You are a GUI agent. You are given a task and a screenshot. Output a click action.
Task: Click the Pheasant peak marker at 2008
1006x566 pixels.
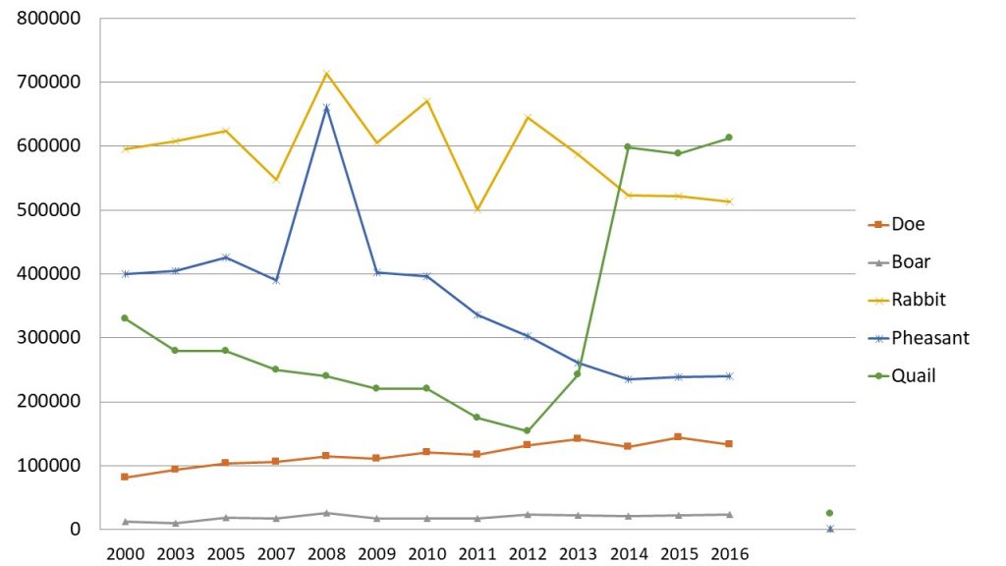point(326,107)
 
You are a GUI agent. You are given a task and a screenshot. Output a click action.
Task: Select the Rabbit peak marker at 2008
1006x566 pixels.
point(326,74)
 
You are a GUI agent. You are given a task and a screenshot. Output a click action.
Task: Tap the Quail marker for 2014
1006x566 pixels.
point(628,147)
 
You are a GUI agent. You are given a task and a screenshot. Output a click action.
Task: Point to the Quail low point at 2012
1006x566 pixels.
point(528,430)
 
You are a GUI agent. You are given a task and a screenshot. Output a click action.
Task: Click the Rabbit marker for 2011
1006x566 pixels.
point(477,209)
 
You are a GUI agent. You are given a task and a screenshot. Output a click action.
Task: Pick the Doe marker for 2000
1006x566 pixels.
point(125,477)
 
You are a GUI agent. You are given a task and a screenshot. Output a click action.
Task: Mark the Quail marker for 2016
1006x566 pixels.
point(729,138)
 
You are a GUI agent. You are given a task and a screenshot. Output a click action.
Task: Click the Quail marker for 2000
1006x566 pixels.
point(125,318)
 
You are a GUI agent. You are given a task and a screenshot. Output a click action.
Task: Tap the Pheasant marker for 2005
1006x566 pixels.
point(226,257)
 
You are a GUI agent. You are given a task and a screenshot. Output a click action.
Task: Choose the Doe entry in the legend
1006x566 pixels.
point(907,224)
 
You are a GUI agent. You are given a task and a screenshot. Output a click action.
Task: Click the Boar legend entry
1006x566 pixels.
point(910,262)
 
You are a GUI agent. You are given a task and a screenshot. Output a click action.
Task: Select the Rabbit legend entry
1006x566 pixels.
point(916,300)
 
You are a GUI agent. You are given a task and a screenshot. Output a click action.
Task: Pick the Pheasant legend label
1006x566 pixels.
point(929,338)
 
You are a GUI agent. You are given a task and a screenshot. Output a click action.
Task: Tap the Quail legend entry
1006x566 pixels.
point(913,375)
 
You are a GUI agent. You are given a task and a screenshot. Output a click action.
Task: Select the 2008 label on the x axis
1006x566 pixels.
point(326,553)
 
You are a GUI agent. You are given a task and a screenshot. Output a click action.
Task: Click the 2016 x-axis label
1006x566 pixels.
point(729,553)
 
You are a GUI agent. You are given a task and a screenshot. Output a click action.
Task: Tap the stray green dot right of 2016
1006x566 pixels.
point(829,513)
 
